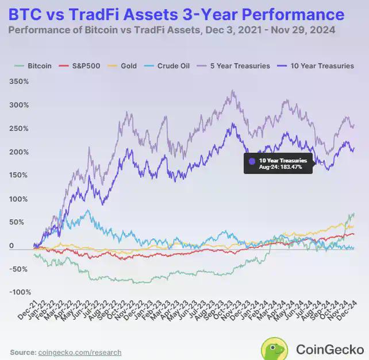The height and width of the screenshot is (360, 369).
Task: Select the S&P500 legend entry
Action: tap(83, 66)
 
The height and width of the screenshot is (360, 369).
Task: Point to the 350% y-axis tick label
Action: tap(19, 82)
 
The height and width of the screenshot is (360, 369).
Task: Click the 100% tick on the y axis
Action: tap(19, 199)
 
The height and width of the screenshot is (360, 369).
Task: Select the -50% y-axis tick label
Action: tap(19, 269)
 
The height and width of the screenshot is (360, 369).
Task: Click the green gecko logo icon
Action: tap(275, 348)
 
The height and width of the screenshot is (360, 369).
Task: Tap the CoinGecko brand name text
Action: tap(329, 349)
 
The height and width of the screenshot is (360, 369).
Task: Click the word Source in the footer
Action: tap(22, 352)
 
